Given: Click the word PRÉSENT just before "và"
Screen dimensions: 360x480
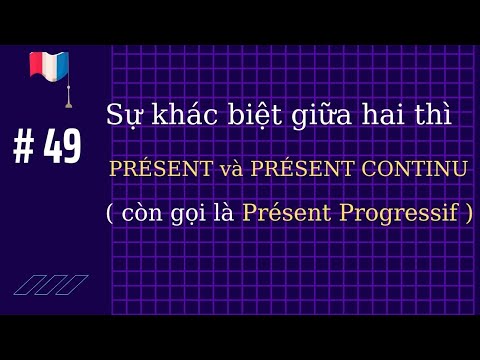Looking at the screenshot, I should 160,169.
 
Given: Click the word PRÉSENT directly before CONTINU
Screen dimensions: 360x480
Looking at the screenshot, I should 309,169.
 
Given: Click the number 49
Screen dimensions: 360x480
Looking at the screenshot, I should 63,148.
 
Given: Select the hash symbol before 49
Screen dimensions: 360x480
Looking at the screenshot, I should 23,148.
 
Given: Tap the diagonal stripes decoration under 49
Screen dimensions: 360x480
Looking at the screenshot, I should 50,284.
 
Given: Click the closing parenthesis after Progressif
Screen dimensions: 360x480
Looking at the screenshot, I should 469,214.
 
